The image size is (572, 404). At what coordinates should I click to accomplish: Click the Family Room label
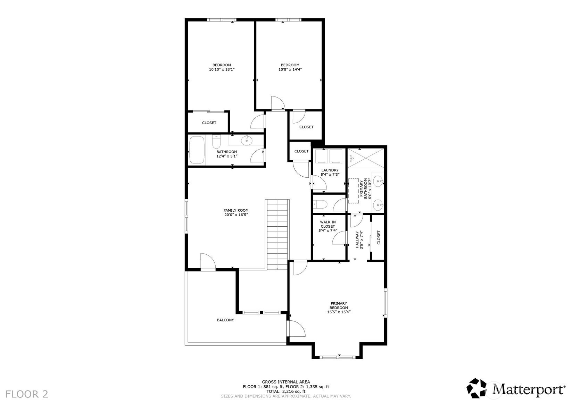coord(236,210)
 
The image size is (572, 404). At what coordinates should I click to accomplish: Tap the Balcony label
coord(225,320)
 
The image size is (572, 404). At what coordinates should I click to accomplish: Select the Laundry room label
coord(330,170)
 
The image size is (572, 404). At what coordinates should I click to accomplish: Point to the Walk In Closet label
coord(328,224)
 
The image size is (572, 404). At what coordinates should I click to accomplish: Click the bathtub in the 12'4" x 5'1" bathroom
coord(197,150)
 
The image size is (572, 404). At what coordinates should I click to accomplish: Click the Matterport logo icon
coord(477,388)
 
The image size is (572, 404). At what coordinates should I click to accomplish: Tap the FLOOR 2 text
coord(27,394)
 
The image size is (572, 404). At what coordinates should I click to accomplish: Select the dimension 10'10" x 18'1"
coord(222,69)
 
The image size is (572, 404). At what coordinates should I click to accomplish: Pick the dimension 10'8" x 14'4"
coord(290,69)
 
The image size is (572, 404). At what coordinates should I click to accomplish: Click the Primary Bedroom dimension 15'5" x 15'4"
coord(339,312)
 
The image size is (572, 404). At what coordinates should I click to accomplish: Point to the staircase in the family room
coord(277,234)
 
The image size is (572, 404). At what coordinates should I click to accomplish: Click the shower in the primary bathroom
coord(366,158)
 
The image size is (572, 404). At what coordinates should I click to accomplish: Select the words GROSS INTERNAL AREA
coord(286,382)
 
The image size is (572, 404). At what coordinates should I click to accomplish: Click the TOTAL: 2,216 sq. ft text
coord(286,391)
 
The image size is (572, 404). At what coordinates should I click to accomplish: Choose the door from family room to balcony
coord(208,261)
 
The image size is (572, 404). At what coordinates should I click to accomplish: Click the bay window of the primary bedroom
coord(337,357)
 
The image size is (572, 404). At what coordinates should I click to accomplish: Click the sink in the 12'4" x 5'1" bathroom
coord(247,140)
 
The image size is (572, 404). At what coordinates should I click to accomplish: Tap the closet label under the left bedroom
coord(209,123)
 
